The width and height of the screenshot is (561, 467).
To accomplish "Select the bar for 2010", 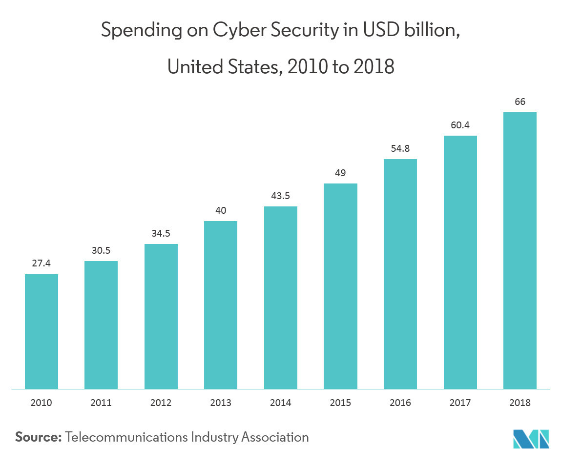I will (x=42, y=331).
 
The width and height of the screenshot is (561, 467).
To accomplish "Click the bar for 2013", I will (x=221, y=305).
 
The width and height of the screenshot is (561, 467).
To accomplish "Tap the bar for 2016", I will (x=400, y=274).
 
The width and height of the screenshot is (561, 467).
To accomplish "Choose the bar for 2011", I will (x=101, y=325).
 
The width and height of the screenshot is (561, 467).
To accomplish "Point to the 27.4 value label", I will (x=42, y=263).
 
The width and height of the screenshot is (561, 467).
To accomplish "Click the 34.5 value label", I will (x=161, y=233).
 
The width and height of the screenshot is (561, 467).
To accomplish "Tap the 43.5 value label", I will (x=281, y=196).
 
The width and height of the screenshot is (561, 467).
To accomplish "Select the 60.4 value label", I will (x=460, y=125).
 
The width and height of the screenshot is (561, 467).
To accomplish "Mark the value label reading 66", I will (x=520, y=102).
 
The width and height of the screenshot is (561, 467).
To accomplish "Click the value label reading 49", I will (x=341, y=173).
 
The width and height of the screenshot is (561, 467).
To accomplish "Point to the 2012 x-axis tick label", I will (x=161, y=403).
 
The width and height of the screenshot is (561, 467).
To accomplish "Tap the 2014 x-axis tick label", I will (x=281, y=403).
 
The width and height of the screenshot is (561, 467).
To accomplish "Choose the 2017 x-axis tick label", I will (x=460, y=403).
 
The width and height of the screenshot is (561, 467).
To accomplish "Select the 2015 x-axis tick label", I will (x=341, y=403).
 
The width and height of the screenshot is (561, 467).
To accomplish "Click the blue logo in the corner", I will (x=531, y=439).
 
